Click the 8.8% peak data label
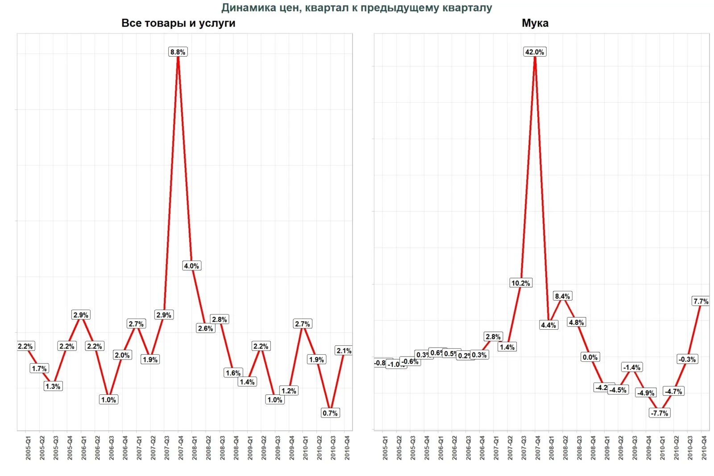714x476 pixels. point(178,52)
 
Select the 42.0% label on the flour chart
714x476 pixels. point(534,52)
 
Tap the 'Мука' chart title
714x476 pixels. point(535,23)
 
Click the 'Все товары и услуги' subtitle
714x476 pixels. point(178,23)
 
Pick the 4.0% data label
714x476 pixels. point(191,266)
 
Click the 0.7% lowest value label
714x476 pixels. point(330,413)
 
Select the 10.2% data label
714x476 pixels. point(520,283)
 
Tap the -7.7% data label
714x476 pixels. point(659,413)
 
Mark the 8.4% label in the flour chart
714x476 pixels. point(562,296)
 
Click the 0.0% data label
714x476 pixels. point(589,357)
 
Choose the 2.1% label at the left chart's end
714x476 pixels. point(344,351)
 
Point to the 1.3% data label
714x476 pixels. point(53,386)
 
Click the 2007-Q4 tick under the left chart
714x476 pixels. point(181,448)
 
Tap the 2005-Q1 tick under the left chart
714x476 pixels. point(28,448)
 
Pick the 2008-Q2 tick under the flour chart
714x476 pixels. point(565,448)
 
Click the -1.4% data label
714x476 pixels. point(631,368)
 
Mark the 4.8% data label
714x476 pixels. point(576,323)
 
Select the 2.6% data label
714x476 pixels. point(205,328)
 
